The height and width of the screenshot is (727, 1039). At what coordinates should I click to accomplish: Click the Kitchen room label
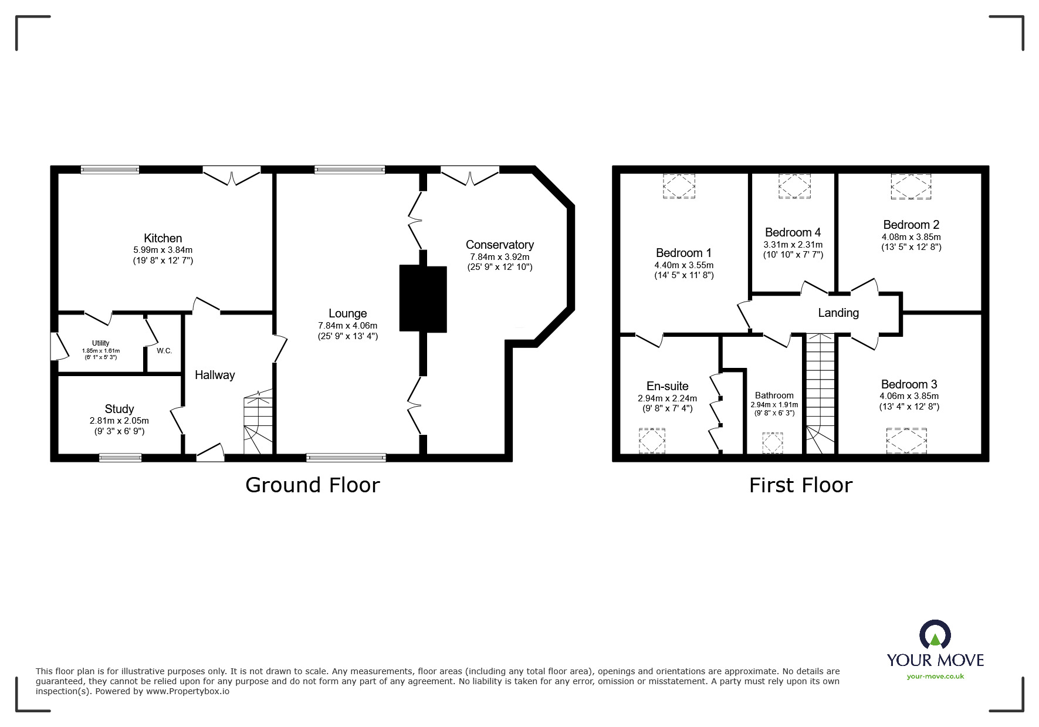tap(163, 238)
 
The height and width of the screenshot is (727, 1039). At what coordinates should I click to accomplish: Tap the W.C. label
tap(164, 351)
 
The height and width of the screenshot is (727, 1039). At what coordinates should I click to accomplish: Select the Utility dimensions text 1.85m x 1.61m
tap(100, 351)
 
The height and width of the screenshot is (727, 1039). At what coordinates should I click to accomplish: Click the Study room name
tap(119, 409)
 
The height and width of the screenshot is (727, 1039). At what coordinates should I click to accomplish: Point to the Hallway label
tap(215, 375)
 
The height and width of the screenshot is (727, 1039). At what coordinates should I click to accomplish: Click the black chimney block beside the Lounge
tap(423, 299)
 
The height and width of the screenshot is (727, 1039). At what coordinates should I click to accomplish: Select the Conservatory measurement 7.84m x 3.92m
tap(499, 257)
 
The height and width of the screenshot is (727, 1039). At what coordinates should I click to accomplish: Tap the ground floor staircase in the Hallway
tap(259, 422)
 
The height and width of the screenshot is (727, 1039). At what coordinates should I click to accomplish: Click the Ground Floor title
tap(312, 485)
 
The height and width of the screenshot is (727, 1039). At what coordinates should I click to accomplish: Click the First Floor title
tap(800, 485)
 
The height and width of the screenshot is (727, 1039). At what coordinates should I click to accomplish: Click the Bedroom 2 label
tap(911, 225)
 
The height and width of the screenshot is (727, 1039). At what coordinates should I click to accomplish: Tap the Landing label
tap(838, 313)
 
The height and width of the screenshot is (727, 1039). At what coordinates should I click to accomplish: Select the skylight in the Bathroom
tap(772, 443)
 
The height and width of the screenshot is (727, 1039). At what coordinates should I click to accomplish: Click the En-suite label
tap(667, 386)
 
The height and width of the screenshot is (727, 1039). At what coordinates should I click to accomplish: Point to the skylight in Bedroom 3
tap(907, 441)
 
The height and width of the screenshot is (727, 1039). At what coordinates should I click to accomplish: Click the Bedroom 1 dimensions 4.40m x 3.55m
tap(683, 265)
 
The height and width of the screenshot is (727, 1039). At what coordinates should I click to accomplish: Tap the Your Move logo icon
tap(934, 636)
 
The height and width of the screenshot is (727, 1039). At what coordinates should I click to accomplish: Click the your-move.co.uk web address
tap(935, 677)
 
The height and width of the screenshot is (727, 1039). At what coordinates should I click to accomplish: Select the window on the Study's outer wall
tap(120, 458)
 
